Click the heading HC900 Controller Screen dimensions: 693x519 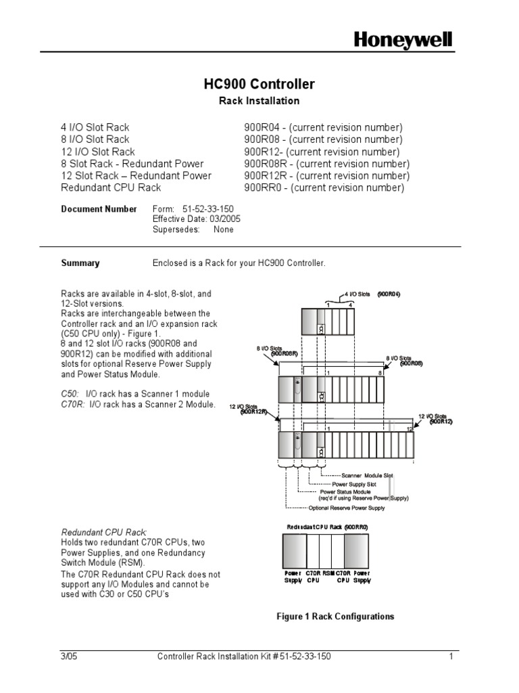(259, 85)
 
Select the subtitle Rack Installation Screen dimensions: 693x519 (259, 101)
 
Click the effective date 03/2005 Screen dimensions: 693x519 (225, 219)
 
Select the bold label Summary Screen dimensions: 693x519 (80, 263)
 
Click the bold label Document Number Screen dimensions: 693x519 (99, 209)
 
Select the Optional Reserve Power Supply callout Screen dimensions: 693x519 (346, 507)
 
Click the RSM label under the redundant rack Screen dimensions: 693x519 (328, 573)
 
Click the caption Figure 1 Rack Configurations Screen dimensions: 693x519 (335, 617)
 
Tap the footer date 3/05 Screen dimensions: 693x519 (69, 656)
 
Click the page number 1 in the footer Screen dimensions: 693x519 (449, 656)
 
